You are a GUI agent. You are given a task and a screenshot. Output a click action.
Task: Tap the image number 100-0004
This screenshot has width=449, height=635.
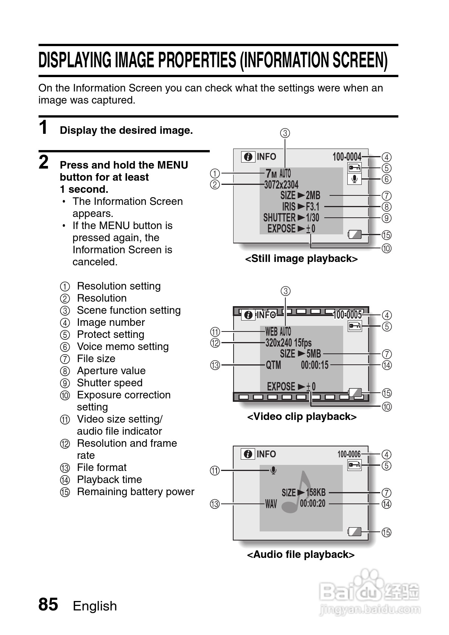[x=347, y=156]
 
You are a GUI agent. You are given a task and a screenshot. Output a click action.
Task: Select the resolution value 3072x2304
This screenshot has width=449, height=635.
[x=281, y=184]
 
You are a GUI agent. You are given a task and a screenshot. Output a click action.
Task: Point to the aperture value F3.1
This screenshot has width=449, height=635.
[x=313, y=207]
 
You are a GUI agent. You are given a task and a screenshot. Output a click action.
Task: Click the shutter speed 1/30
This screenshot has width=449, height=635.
[x=313, y=218]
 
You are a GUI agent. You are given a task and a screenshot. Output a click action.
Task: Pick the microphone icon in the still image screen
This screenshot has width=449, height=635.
[x=355, y=179]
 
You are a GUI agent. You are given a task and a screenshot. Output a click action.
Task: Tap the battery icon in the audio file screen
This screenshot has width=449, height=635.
[x=355, y=532]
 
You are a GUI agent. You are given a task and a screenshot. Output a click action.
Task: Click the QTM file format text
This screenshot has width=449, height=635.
[x=273, y=365]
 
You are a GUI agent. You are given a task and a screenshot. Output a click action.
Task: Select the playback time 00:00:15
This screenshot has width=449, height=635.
[x=315, y=365]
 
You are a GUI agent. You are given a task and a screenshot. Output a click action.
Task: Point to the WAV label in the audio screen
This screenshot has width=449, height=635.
[x=271, y=504]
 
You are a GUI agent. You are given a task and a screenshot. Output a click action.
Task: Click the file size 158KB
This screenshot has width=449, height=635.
[x=316, y=493]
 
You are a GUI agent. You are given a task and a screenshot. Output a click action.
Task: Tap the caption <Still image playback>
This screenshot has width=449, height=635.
[x=301, y=259]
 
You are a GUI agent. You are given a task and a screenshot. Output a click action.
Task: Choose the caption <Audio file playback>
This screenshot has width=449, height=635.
[x=301, y=554]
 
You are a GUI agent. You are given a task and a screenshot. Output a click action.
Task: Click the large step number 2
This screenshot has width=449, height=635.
[x=44, y=163]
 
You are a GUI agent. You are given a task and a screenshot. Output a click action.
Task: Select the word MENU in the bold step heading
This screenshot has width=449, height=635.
[x=172, y=165]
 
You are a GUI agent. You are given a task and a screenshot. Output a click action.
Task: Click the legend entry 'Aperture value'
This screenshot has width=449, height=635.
[x=111, y=371]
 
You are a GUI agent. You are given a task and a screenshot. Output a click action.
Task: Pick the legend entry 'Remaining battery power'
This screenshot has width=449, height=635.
[x=135, y=492]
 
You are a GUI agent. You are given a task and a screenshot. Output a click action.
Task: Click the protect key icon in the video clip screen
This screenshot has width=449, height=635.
[x=355, y=326]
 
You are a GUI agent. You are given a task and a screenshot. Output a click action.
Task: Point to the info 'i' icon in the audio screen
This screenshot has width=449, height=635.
[x=248, y=454]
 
